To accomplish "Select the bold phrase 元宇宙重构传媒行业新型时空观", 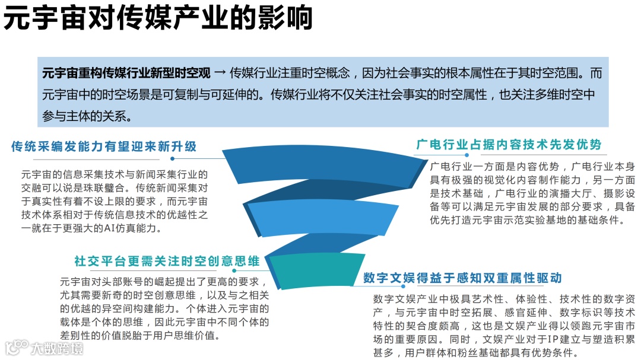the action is point(126,74).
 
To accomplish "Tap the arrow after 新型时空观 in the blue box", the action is point(220,74).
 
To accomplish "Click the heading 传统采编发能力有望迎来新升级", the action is point(104,146).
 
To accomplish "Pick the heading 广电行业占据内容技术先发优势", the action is point(509,145).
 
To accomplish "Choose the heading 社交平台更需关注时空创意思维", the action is point(167,261).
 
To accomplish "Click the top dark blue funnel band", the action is point(309,160).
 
